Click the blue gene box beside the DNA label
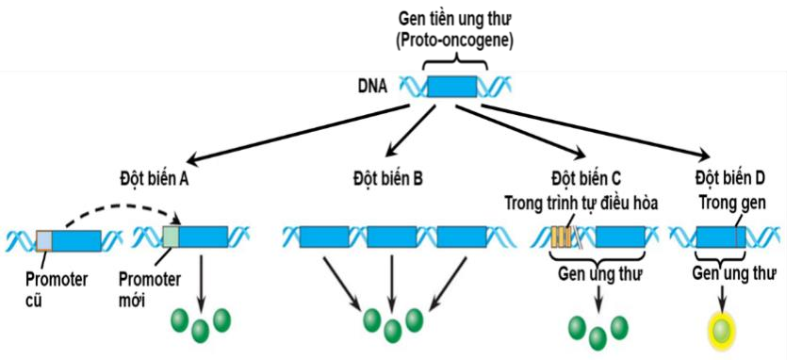click(x=451, y=88)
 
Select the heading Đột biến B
click(x=387, y=177)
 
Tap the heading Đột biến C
click(x=585, y=177)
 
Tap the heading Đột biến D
click(x=730, y=177)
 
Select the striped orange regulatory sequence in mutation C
click(x=563, y=237)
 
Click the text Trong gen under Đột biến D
click(x=731, y=203)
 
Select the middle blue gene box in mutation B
click(x=392, y=237)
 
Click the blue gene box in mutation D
click(x=720, y=237)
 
